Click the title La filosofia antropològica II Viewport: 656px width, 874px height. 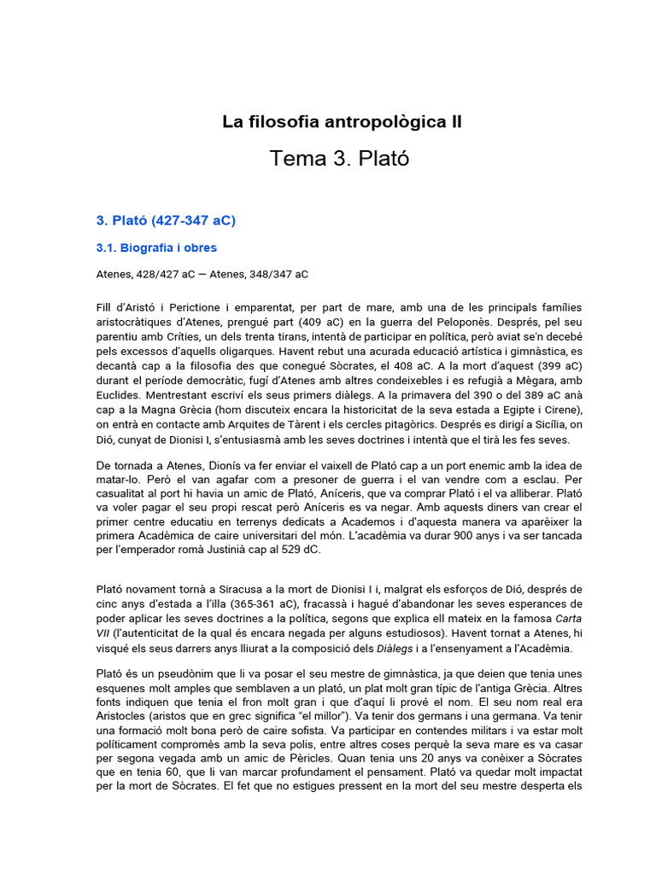pyautogui.click(x=342, y=122)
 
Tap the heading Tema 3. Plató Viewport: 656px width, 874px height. pyautogui.click(x=339, y=158)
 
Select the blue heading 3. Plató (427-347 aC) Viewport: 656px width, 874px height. pyautogui.click(x=167, y=220)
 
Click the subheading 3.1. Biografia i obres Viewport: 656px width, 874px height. pyautogui.click(x=156, y=248)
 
